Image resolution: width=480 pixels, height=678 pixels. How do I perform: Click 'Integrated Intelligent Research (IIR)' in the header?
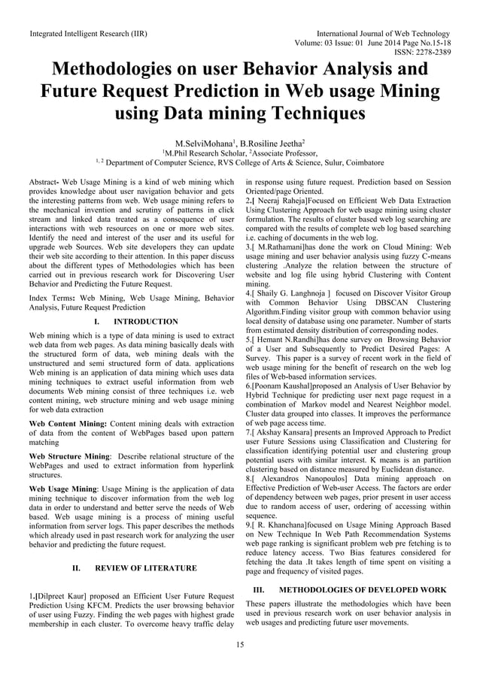(87, 34)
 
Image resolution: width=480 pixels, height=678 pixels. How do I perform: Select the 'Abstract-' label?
(44, 183)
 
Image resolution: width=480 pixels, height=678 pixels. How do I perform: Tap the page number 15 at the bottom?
(240, 644)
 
